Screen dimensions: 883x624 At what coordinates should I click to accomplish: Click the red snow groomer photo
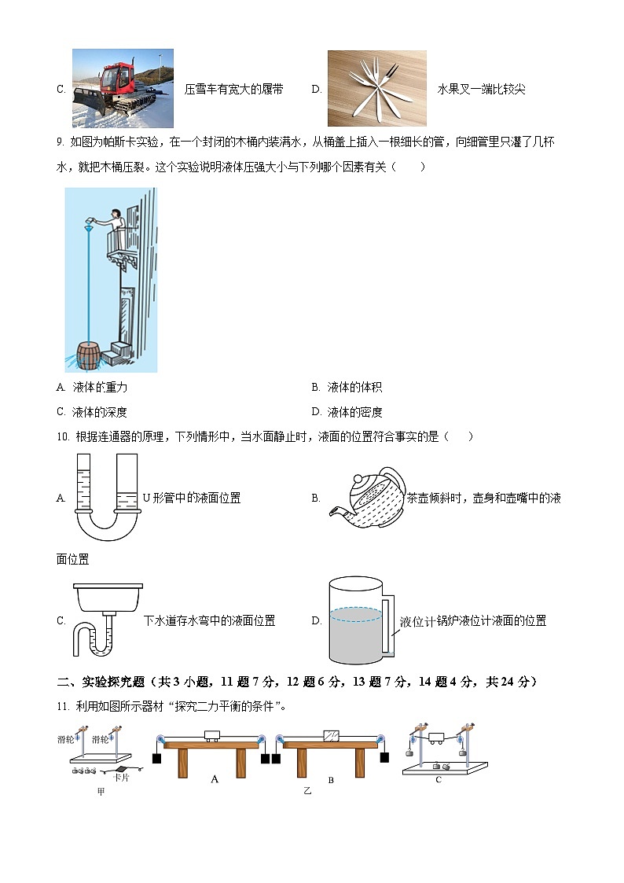point(123,87)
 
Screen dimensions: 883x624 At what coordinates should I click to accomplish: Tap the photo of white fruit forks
point(376,87)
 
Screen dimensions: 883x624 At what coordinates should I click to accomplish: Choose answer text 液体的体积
point(354,388)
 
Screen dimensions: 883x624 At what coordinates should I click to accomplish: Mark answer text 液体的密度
point(354,412)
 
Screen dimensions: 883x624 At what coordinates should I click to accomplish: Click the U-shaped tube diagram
point(107,496)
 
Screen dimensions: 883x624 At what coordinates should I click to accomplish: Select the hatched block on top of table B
point(332,735)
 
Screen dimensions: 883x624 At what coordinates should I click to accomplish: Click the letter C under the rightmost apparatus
point(439,780)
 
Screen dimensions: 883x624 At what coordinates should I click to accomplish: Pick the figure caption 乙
point(307,791)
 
